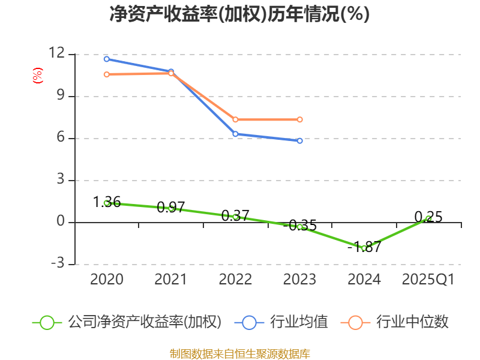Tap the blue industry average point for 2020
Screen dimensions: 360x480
click(106, 59)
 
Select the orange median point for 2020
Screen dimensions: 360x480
click(106, 74)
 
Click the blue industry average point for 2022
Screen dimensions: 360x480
click(235, 134)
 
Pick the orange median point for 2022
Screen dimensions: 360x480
click(235, 119)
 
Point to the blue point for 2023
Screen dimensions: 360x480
click(300, 140)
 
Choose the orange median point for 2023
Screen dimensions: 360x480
click(300, 119)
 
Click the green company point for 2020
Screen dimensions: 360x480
click(106, 203)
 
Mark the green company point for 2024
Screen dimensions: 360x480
click(364, 248)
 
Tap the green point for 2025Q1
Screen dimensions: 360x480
click(428, 218)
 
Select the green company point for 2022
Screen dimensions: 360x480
click(235, 217)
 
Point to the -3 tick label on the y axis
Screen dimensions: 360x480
click(56, 264)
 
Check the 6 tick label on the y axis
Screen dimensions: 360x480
click(60, 137)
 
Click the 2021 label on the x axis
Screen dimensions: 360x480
click(171, 280)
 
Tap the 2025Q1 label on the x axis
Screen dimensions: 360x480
click(428, 280)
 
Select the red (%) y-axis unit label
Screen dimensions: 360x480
click(38, 76)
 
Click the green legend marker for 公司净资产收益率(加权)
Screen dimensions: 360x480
click(47, 322)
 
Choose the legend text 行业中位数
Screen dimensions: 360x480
click(412, 322)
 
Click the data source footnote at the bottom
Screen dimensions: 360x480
click(239, 353)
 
